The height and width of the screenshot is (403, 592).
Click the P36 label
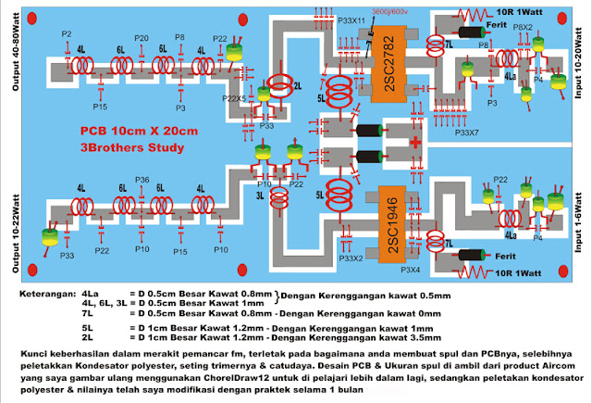pos(142,179)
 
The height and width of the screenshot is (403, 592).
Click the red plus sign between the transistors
pos(417,143)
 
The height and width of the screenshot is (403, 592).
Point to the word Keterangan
pos(46,294)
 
